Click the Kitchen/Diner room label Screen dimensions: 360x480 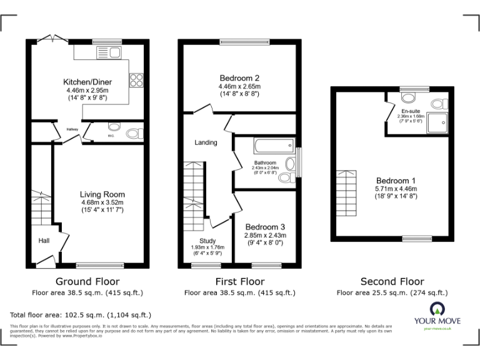[x=87, y=82]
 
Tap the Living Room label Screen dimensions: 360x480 [x=102, y=194]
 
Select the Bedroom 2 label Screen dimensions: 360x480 [x=239, y=78]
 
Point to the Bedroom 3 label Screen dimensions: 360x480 [x=265, y=226]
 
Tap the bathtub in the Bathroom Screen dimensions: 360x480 [x=273, y=147]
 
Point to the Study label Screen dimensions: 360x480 [x=207, y=241]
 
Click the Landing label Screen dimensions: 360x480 [x=206, y=142]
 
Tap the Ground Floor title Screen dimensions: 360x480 [x=87, y=281]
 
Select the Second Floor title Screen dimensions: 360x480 [x=392, y=281]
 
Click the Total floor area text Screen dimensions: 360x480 [x=81, y=315]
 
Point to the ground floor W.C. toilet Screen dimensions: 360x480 [x=132, y=132]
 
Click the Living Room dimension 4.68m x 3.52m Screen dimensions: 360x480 [x=102, y=202]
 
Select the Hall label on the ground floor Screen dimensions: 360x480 [x=43, y=241]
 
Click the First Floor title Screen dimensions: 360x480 [x=239, y=281]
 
